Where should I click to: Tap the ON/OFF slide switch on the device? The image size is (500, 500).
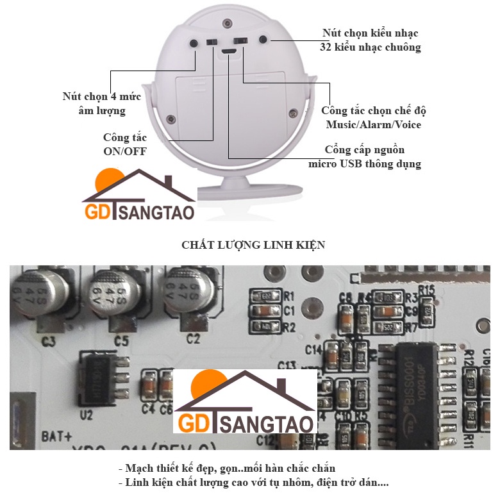(212, 42)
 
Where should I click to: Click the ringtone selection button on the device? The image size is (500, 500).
(263, 40)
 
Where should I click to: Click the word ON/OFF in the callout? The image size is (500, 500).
(125, 151)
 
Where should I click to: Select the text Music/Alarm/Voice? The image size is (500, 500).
(374, 124)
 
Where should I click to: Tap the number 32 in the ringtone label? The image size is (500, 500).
(327, 47)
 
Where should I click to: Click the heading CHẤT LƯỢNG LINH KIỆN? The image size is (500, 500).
(253, 245)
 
